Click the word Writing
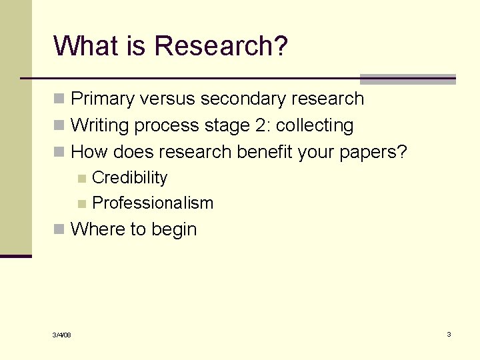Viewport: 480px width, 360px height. click(x=99, y=125)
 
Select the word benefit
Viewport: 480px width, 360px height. click(x=266, y=152)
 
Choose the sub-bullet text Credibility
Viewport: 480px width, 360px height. click(x=130, y=178)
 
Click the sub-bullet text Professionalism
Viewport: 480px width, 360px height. click(x=153, y=203)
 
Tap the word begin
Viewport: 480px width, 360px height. click(x=174, y=230)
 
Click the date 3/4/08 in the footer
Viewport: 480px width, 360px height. click(x=62, y=335)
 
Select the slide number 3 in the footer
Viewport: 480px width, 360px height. click(x=449, y=334)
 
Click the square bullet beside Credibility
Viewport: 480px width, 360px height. click(x=82, y=179)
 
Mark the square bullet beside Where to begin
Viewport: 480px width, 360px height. click(x=60, y=230)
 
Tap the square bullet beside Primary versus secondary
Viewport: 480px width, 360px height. click(x=60, y=99)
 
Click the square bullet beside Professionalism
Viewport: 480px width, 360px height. click(x=82, y=204)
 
